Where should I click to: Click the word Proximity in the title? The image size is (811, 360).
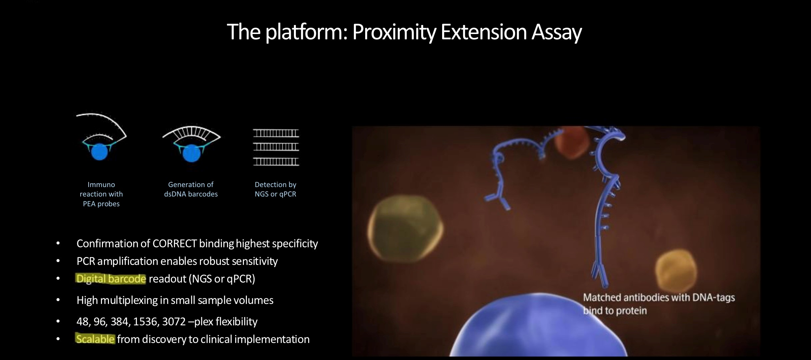[394, 32]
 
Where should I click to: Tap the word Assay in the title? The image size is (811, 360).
[556, 32]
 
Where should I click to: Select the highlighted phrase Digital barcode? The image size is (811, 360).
[111, 279]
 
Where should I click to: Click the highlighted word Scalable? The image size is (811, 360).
[95, 339]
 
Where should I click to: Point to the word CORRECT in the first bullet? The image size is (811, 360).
[174, 244]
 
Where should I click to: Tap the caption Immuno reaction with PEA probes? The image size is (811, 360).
[101, 194]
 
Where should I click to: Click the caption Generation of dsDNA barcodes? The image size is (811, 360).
[191, 189]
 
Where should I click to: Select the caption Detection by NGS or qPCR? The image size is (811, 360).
[276, 189]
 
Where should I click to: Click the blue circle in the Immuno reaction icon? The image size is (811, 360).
[99, 152]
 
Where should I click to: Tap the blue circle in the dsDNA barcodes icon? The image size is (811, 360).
[191, 153]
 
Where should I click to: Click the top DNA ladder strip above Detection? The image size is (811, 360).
[276, 133]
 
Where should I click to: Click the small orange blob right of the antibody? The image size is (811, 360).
[675, 271]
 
